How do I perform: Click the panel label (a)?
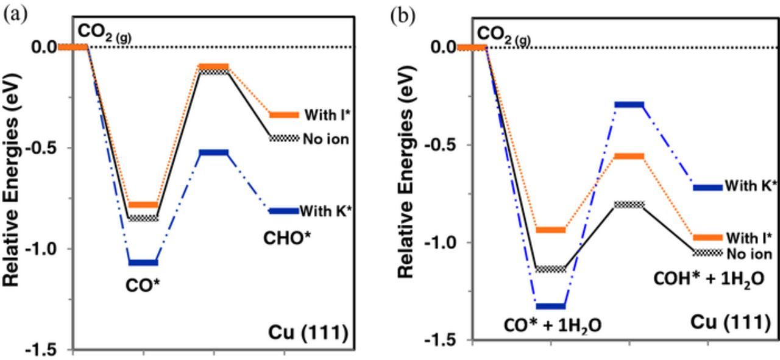pos(15,15)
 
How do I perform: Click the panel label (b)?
pos(402,15)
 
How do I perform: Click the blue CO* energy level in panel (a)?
pos(143,263)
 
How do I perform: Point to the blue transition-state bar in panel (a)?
pos(213,152)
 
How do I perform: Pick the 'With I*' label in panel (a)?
pos(325,115)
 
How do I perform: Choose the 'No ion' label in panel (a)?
pos(326,139)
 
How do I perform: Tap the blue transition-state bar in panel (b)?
pos(629,105)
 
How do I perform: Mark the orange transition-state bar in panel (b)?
pos(629,157)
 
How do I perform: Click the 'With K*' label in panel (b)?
pos(751,186)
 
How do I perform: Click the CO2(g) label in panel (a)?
pos(104,31)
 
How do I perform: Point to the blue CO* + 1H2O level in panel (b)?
pos(551,306)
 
